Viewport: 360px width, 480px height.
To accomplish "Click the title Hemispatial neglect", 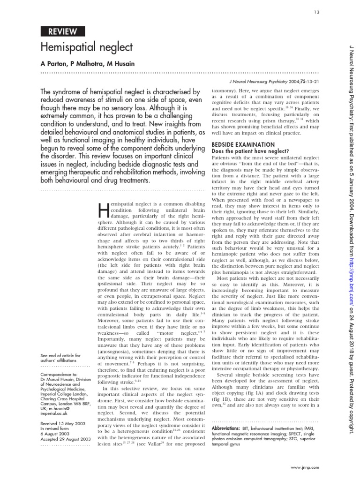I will point(87,47).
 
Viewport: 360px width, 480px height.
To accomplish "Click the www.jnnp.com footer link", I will point(305,467).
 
